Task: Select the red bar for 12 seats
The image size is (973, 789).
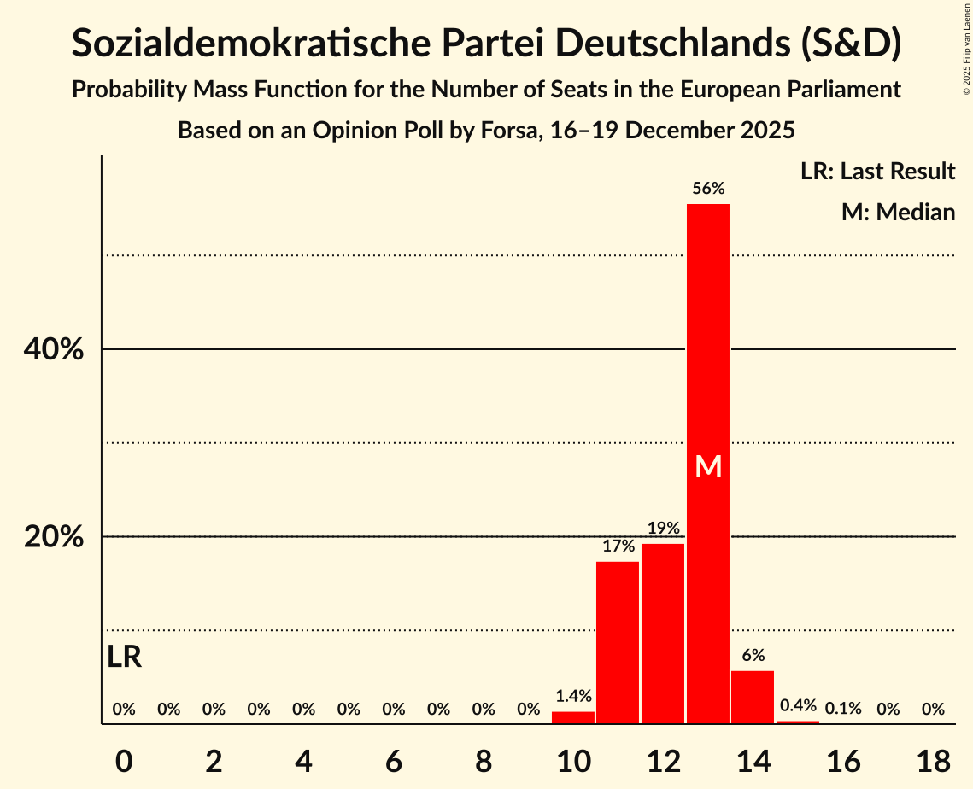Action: click(x=663, y=634)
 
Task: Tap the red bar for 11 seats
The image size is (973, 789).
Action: click(x=618, y=642)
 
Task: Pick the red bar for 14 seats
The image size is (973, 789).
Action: click(x=753, y=697)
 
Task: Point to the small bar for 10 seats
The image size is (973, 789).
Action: click(x=573, y=717)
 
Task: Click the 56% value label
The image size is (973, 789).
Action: click(x=708, y=189)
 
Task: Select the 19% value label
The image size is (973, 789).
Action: click(x=663, y=529)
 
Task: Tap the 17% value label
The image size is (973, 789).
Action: click(x=618, y=546)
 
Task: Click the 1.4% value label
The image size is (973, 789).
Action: click(x=573, y=697)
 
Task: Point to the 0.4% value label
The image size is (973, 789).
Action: click(x=798, y=705)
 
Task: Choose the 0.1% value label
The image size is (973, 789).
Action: click(x=843, y=709)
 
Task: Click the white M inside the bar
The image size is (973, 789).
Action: click(x=708, y=466)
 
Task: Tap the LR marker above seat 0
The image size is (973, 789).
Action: click(x=125, y=657)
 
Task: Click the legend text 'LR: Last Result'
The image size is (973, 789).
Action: click(x=877, y=172)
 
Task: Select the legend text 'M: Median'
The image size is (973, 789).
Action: click(x=898, y=212)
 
